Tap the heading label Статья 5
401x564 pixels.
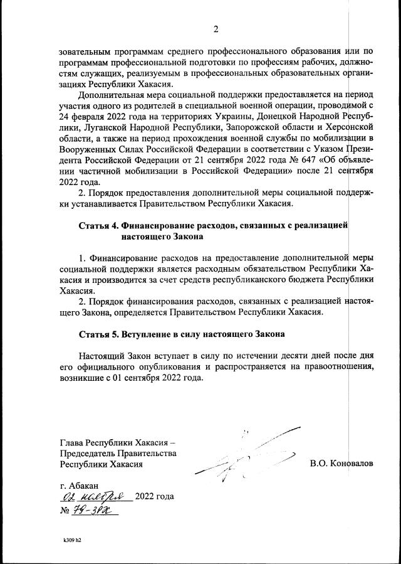click(98, 334)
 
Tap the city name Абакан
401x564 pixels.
click(85, 486)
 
